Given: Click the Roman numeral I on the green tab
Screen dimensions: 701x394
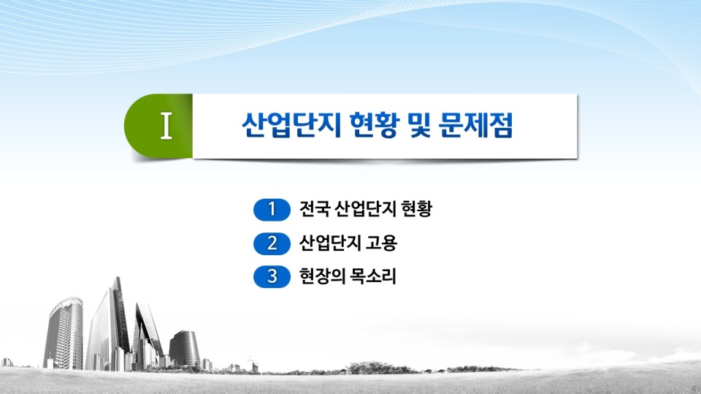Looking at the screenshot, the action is pos(166,126).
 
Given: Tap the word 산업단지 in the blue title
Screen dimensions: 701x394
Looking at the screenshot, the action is pos(291,125).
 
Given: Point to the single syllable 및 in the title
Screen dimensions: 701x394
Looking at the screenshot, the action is pos(419,125).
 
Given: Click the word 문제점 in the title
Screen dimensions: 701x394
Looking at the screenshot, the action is pos(475,125).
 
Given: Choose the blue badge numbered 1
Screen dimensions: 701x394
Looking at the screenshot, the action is pos(272,210).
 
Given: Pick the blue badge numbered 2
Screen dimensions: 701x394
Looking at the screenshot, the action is pos(272,243).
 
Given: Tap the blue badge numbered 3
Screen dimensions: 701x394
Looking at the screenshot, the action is pos(272,276).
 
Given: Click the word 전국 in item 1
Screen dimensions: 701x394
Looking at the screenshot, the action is pos(314,208).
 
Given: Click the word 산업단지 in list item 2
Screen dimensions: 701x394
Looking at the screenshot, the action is pos(330,243).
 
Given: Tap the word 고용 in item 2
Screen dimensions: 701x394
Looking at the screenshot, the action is pos(381,243).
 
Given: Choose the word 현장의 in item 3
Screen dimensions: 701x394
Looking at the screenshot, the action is pos(322,276).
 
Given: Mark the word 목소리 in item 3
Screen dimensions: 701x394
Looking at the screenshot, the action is pos(373,276).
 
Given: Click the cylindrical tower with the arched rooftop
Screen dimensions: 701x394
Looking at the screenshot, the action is pos(64,333).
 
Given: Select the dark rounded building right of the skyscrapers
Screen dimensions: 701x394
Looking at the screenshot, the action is pos(185,349).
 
